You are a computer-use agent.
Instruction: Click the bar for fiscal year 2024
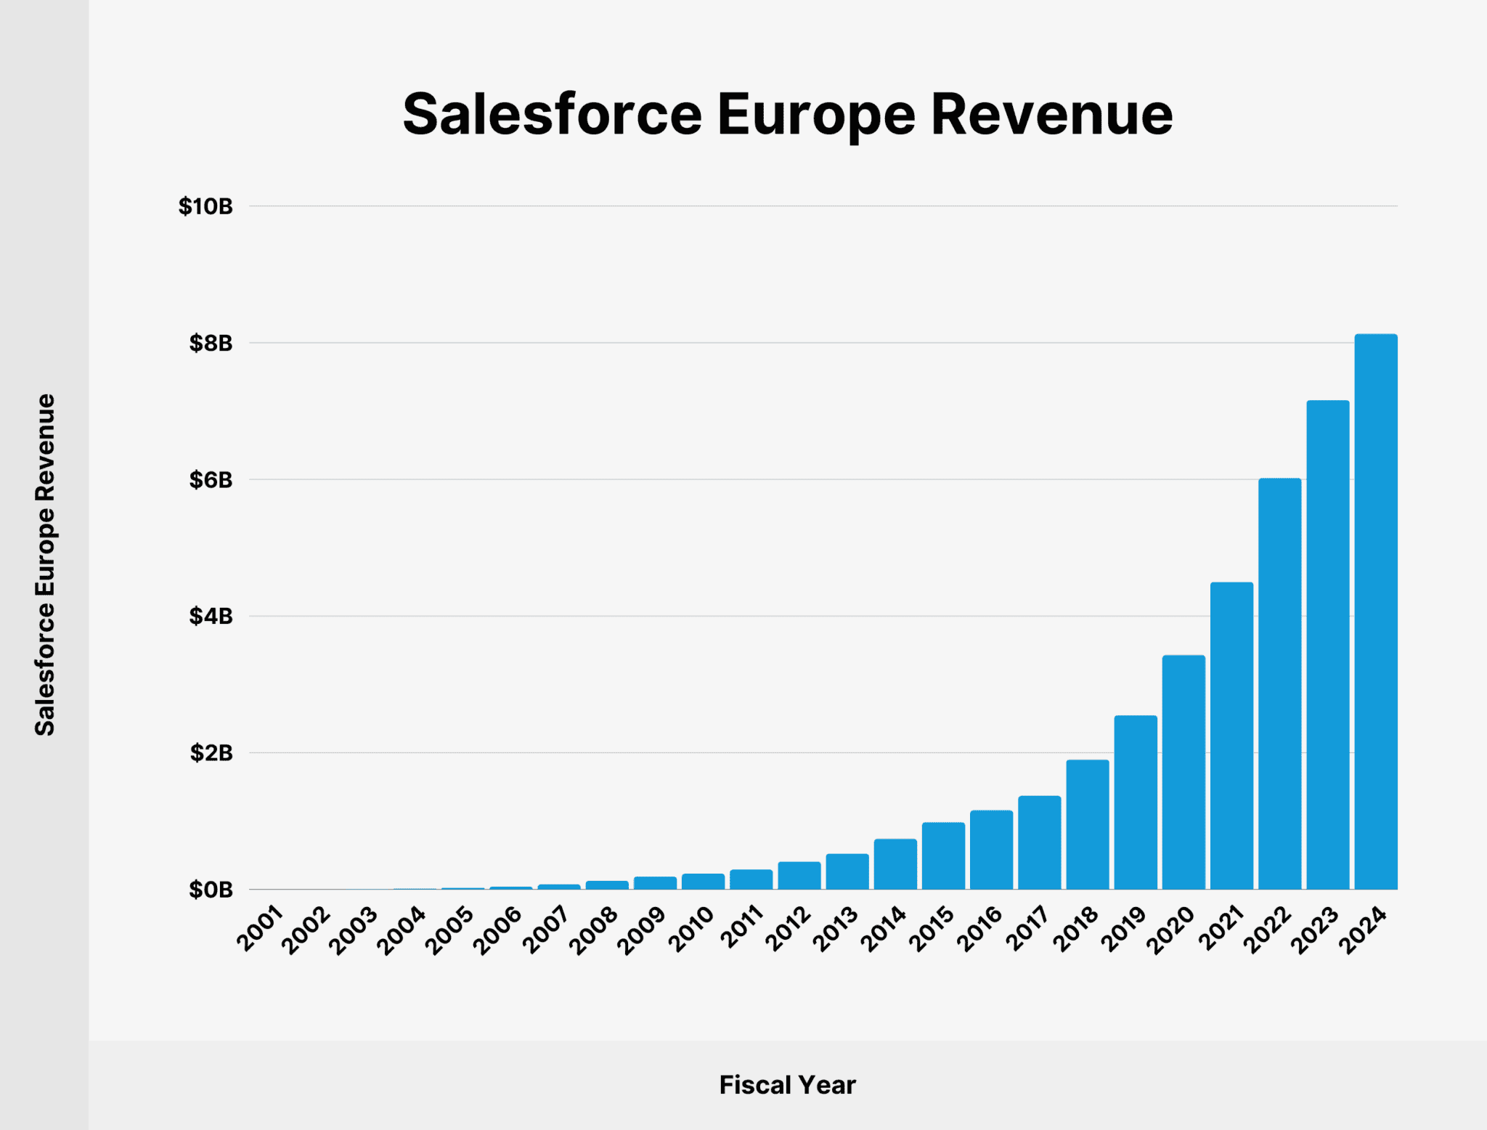1376,611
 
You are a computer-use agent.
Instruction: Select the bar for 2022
1279,683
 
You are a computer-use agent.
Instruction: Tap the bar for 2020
1184,772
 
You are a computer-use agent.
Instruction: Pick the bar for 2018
1088,824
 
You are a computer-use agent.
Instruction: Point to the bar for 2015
943,855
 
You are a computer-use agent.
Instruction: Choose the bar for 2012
799,875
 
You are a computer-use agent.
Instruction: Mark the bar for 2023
1328,644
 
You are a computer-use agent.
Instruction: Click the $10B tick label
205,207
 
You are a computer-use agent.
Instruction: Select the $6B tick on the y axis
211,480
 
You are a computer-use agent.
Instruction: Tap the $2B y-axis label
211,753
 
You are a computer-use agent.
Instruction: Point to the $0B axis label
211,890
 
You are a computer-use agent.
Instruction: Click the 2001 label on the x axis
260,928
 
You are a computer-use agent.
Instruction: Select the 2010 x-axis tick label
692,928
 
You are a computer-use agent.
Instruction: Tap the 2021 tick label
1221,928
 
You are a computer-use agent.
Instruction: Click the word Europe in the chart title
816,115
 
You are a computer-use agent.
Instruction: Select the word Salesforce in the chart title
552,115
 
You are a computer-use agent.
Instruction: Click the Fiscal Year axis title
787,1085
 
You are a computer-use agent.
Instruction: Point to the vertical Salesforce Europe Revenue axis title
45,564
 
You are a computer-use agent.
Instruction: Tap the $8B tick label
211,344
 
